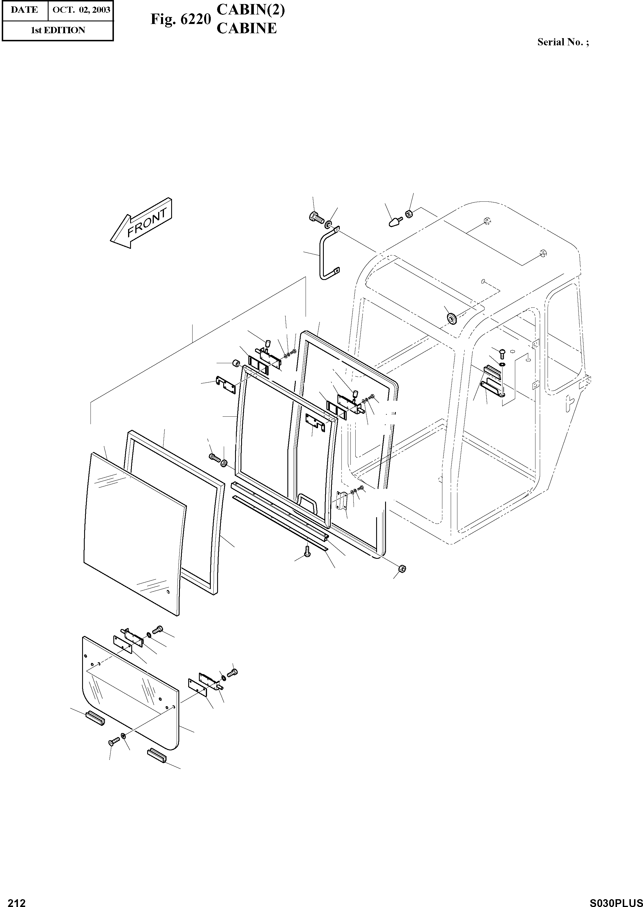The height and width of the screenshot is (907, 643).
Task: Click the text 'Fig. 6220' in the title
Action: coord(180,19)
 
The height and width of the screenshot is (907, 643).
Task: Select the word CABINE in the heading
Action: coord(246,29)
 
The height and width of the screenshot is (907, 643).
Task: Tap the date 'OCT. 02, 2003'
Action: coord(81,10)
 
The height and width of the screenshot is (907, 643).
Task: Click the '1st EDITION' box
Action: coord(58,30)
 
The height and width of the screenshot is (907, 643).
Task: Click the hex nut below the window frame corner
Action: coord(402,569)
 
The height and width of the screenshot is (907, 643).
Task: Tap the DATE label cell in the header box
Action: coord(25,10)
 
